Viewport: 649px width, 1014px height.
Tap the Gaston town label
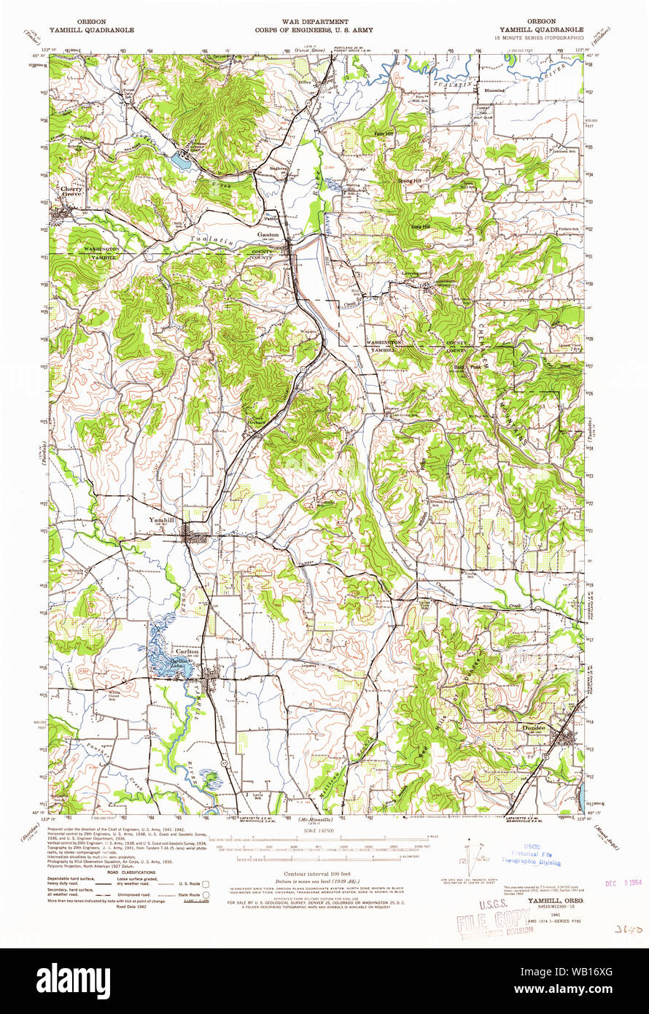pyautogui.click(x=268, y=235)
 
